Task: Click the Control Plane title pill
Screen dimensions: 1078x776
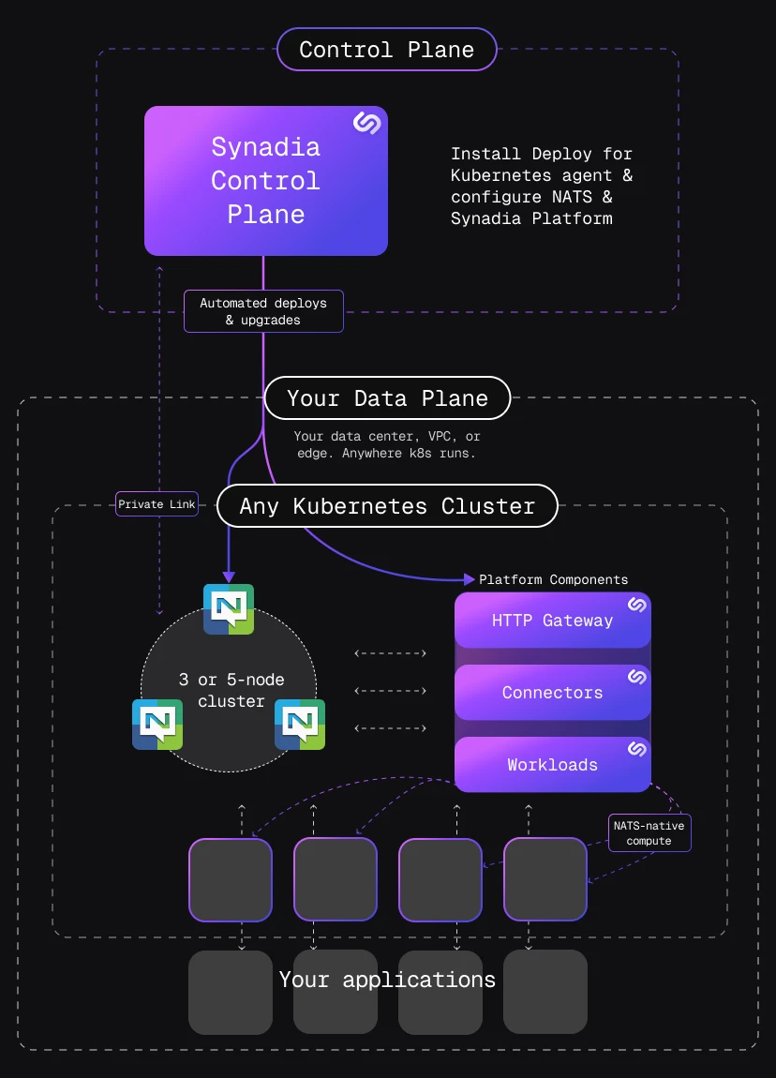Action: point(386,50)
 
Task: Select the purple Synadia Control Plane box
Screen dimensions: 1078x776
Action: point(265,181)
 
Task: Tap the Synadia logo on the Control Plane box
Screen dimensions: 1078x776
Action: point(365,124)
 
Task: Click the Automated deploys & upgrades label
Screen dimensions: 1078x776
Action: point(263,311)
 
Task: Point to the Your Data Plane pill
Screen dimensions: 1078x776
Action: point(387,398)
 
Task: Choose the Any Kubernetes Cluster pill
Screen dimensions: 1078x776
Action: point(387,507)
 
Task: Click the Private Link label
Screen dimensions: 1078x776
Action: point(157,504)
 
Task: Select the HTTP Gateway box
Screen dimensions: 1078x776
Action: point(552,621)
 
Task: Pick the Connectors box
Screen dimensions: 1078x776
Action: point(552,693)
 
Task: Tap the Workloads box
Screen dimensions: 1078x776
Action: point(552,765)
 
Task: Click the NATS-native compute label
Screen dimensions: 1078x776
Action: point(649,832)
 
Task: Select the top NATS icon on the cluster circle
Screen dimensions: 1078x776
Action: point(229,609)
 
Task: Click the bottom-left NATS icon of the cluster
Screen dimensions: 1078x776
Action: point(157,725)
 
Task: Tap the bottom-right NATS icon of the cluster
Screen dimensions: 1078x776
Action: point(300,725)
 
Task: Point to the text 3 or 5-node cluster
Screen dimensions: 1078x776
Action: point(231,690)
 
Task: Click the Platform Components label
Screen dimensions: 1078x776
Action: point(553,579)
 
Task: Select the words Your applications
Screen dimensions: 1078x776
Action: point(387,980)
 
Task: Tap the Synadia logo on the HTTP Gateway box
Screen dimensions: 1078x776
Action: point(636,606)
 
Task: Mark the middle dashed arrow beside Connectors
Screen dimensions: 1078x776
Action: point(391,691)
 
